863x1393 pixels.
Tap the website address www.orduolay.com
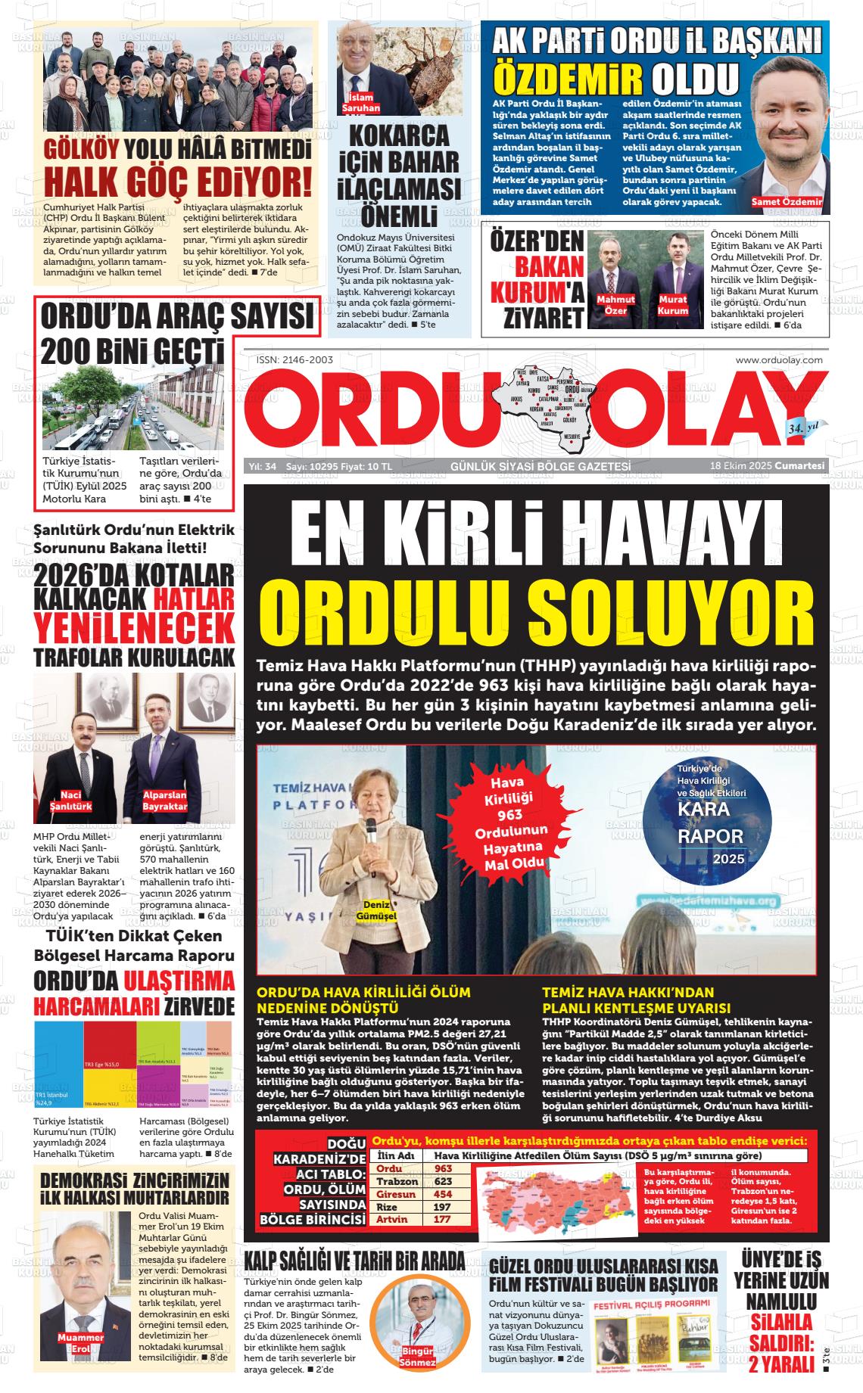[x=778, y=360]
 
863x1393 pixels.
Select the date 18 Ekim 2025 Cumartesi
[x=766, y=466]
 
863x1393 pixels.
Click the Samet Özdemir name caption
[x=787, y=201]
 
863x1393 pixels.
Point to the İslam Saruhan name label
[x=361, y=103]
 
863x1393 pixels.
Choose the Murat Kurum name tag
[x=672, y=305]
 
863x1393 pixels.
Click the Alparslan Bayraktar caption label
[x=164, y=801]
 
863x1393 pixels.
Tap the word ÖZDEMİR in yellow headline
[x=568, y=79]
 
